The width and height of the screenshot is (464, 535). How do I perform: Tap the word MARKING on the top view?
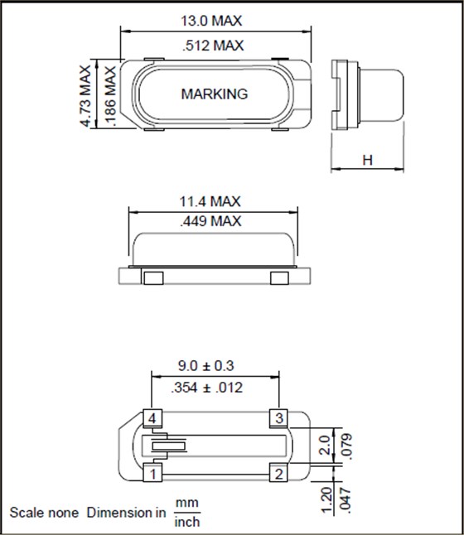[214, 94]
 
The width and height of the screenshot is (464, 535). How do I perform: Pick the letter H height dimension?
[366, 160]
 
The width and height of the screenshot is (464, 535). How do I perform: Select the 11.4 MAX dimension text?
[210, 201]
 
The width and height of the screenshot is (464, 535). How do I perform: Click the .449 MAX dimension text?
[210, 221]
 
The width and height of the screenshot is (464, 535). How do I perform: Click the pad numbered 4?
[152, 417]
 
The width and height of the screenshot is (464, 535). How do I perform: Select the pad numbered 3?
[279, 417]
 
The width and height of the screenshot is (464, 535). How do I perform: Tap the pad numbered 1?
[152, 474]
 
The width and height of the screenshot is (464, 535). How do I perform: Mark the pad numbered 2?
[279, 474]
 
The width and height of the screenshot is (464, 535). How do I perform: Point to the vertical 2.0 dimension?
[326, 446]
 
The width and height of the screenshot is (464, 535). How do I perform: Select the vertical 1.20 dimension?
[326, 499]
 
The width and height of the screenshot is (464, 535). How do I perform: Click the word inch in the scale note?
[187, 522]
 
